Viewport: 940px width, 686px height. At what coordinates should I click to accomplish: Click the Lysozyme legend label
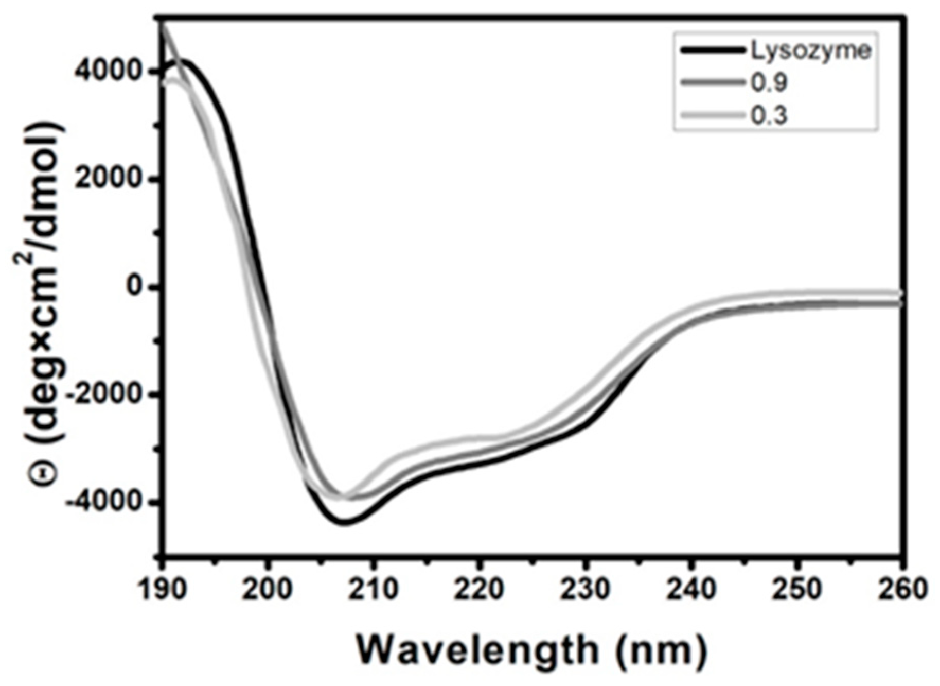tap(810, 50)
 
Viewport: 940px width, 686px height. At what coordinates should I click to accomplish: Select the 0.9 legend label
tap(769, 83)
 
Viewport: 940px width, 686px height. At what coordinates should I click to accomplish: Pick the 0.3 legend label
tap(769, 116)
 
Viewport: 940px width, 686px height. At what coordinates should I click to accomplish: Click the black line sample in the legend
tap(713, 50)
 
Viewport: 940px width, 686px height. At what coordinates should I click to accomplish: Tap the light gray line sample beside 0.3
tap(713, 115)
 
